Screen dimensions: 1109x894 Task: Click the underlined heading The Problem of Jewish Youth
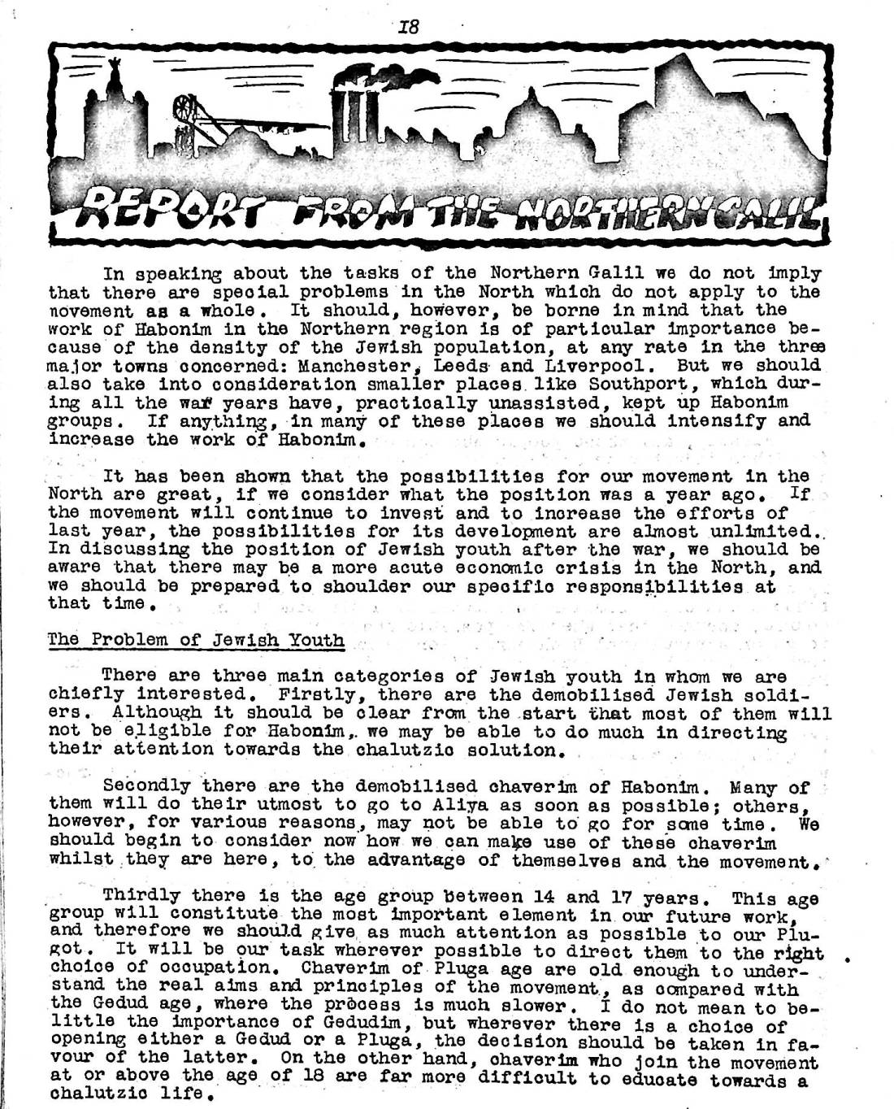pyautogui.click(x=196, y=639)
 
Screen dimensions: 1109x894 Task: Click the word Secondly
pyautogui.click(x=146, y=786)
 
